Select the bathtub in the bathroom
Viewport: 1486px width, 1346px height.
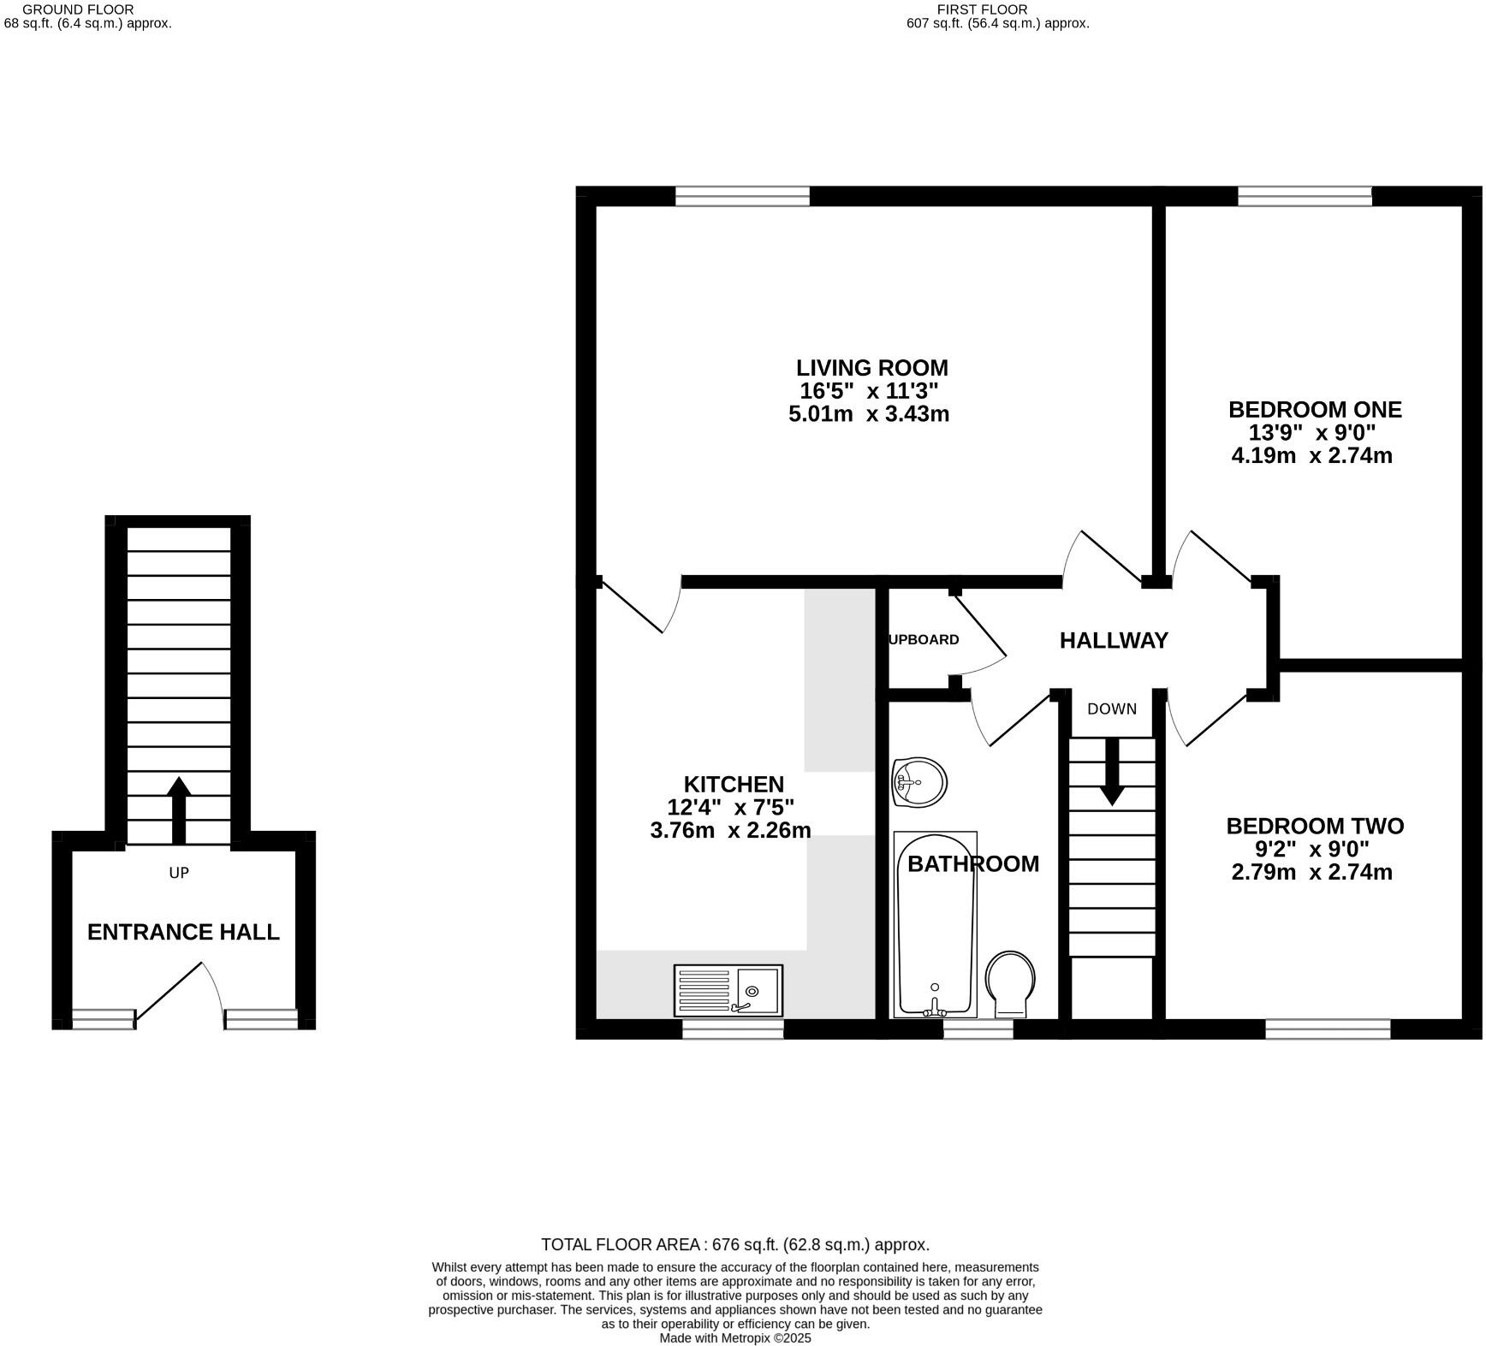pyautogui.click(x=935, y=924)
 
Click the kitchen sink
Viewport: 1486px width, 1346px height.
pyautogui.click(x=728, y=990)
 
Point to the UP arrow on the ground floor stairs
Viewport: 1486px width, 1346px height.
pyautogui.click(x=178, y=809)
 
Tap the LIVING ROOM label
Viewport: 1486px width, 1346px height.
pyautogui.click(x=871, y=368)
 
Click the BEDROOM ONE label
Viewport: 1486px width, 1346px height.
pyautogui.click(x=1315, y=410)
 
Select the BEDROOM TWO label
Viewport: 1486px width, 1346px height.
pyautogui.click(x=1315, y=827)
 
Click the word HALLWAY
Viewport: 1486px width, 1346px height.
pyautogui.click(x=1114, y=640)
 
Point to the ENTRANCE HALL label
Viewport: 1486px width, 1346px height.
pyautogui.click(x=183, y=932)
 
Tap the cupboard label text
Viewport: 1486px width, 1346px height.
pyautogui.click(x=924, y=639)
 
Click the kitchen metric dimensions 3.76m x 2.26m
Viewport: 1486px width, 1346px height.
pyautogui.click(x=730, y=830)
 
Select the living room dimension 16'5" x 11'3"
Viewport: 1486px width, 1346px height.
pyautogui.click(x=870, y=392)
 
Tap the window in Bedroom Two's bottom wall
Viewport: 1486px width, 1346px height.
pyautogui.click(x=1328, y=1028)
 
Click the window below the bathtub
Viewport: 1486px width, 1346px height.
pyautogui.click(x=978, y=1028)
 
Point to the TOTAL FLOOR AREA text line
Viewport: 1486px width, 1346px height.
pyautogui.click(x=734, y=1245)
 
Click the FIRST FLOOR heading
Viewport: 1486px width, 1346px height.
pyautogui.click(x=982, y=9)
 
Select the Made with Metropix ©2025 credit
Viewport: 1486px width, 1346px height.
pyautogui.click(x=734, y=1338)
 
